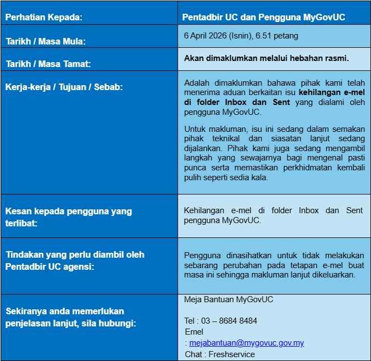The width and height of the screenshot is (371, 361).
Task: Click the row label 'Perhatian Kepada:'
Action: pos(44,17)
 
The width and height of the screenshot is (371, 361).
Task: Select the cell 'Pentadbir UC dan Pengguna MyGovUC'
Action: pos(264,17)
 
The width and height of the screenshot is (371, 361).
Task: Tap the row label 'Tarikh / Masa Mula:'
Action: pos(46,41)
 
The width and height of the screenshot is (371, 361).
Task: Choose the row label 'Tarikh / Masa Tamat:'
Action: pos(48,64)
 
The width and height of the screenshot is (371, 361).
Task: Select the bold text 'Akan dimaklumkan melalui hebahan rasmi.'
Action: pos(267,58)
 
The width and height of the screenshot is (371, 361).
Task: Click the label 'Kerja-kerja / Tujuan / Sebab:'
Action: pos(64,87)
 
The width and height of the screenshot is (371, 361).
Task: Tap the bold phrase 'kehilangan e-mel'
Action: pos(335,92)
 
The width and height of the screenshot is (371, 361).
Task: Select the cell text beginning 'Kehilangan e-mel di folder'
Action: pos(274,215)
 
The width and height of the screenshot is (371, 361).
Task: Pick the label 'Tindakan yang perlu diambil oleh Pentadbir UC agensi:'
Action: pos(75,260)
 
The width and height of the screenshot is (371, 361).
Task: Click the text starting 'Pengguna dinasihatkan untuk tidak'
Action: pos(274,265)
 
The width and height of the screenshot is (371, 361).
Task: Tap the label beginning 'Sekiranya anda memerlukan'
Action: pos(71,317)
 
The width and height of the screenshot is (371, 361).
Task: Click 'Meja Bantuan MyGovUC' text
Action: pos(229,299)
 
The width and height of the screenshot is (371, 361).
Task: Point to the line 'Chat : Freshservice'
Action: pos(220,354)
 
